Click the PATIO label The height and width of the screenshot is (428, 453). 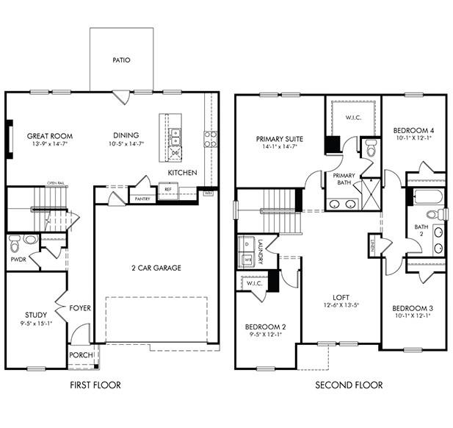click(121, 60)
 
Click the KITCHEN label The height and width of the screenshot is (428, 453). click(181, 172)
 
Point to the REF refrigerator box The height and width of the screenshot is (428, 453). click(167, 190)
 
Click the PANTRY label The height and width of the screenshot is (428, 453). click(142, 199)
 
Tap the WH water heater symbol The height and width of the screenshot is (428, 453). click(209, 193)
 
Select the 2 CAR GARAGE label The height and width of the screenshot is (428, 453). click(156, 268)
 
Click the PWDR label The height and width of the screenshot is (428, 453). click(18, 260)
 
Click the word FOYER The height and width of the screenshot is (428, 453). click(81, 307)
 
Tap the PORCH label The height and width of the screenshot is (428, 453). click(81, 355)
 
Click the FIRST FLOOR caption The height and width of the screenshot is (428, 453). click(95, 385)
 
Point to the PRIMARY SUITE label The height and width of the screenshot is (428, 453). click(280, 138)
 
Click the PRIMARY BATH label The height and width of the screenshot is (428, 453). click(344, 180)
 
